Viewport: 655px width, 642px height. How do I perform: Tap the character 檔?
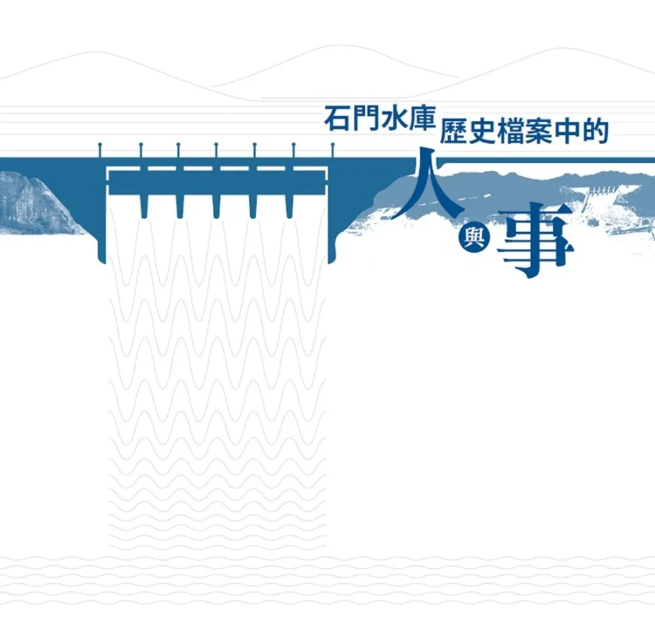tap(516, 130)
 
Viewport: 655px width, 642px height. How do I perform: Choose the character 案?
tap(546, 130)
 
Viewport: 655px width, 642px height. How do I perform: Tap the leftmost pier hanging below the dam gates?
tap(143, 205)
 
